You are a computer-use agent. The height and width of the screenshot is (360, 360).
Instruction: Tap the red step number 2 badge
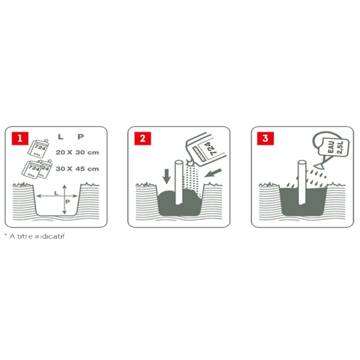click(143, 139)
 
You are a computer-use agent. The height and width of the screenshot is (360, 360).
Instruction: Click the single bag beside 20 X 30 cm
click(40, 146)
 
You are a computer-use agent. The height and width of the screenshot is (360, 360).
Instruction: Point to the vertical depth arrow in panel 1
click(64, 201)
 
